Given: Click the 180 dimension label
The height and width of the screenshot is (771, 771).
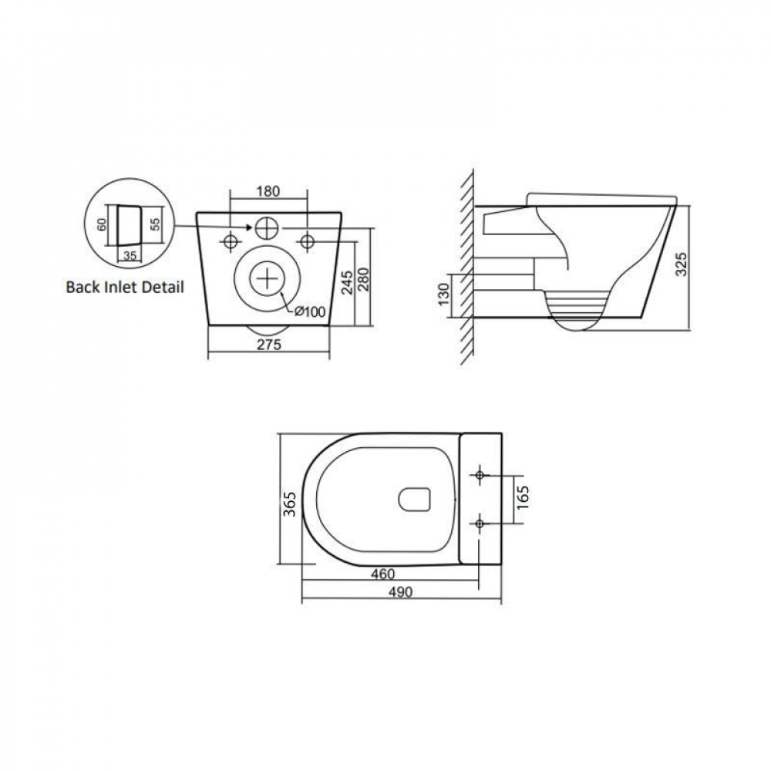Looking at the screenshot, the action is click(x=268, y=190).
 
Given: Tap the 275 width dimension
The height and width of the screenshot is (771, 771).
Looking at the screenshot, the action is click(x=269, y=345).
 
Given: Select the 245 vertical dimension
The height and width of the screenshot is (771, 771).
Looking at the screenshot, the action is click(x=347, y=282).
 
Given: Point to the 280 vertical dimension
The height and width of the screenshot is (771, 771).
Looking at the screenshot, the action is click(x=364, y=280).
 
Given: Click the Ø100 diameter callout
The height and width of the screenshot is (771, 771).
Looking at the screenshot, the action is click(x=310, y=311).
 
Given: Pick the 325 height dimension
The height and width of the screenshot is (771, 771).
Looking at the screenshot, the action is click(x=681, y=264).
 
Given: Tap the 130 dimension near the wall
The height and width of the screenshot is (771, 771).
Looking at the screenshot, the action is click(x=444, y=294).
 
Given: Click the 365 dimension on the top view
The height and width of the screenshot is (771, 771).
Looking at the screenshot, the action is click(x=290, y=503).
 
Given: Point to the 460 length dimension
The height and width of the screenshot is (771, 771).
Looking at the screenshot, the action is click(x=382, y=574).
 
